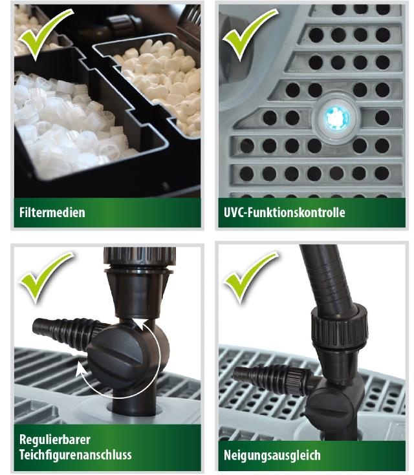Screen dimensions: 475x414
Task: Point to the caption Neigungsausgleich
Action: (272, 454)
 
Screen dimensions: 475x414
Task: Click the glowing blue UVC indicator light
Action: (336, 118)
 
